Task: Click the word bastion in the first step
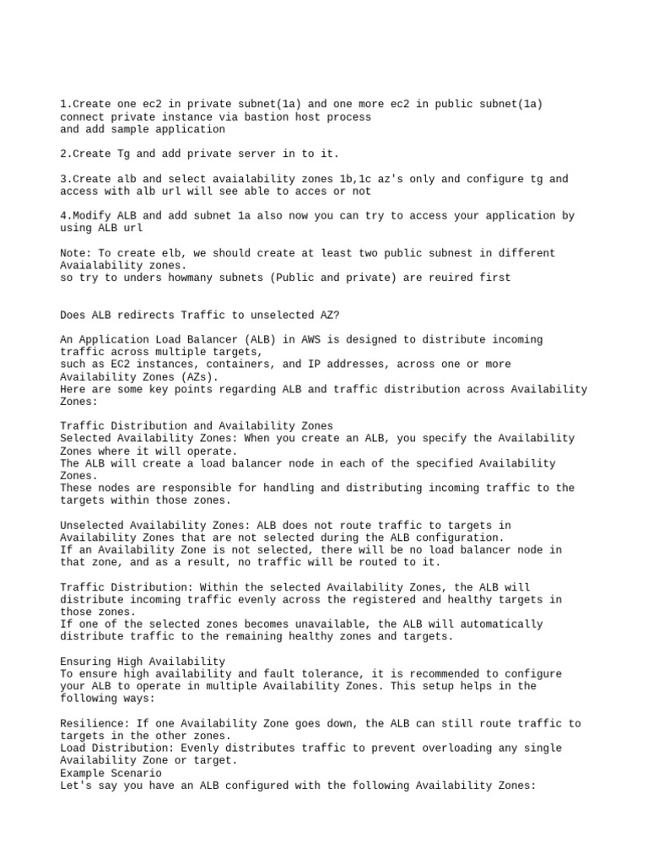(x=258, y=117)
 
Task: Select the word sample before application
(x=128, y=130)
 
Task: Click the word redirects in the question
(x=143, y=315)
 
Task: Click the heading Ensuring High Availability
(x=143, y=661)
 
